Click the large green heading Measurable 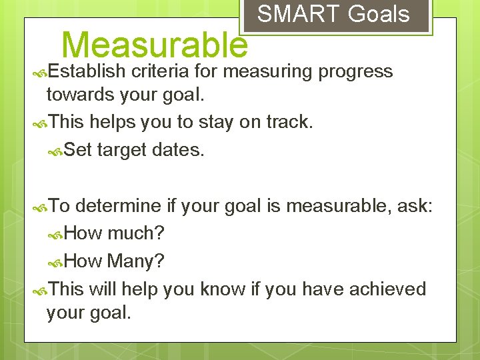tap(154, 45)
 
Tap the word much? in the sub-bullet tap(136, 234)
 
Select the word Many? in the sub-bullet tap(136, 261)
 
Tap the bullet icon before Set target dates tap(56, 151)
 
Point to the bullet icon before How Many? tap(56, 262)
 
